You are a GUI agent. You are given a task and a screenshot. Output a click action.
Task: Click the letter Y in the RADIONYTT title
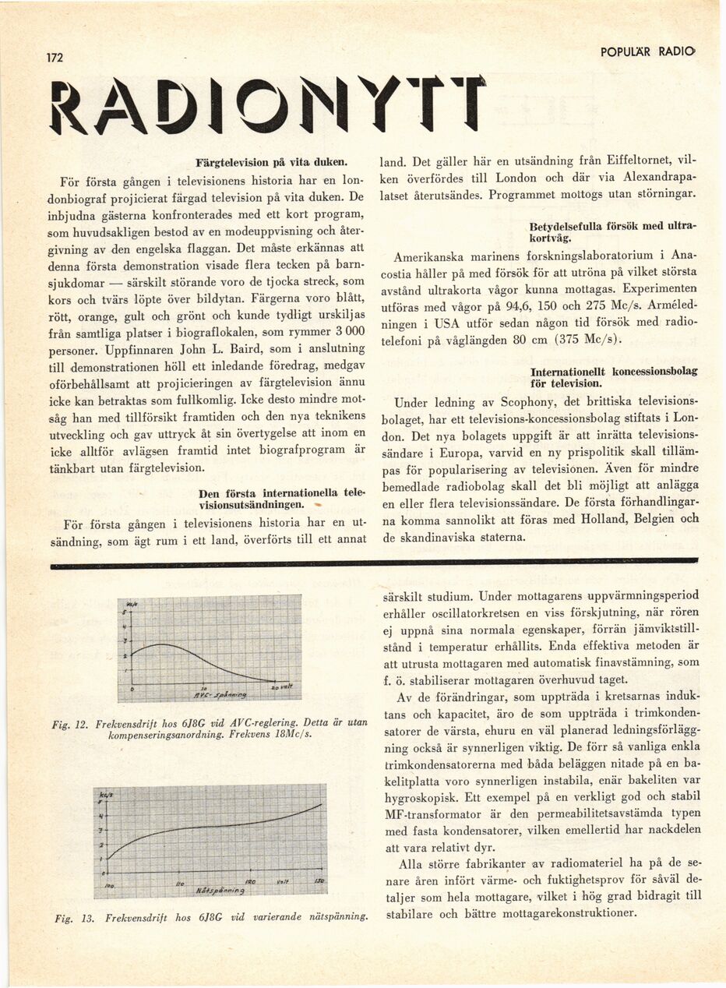pyautogui.click(x=381, y=104)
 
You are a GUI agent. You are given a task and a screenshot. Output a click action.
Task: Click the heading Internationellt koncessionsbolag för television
pyautogui.click(x=613, y=377)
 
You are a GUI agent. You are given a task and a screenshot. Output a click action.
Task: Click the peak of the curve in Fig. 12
pyautogui.click(x=160, y=644)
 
